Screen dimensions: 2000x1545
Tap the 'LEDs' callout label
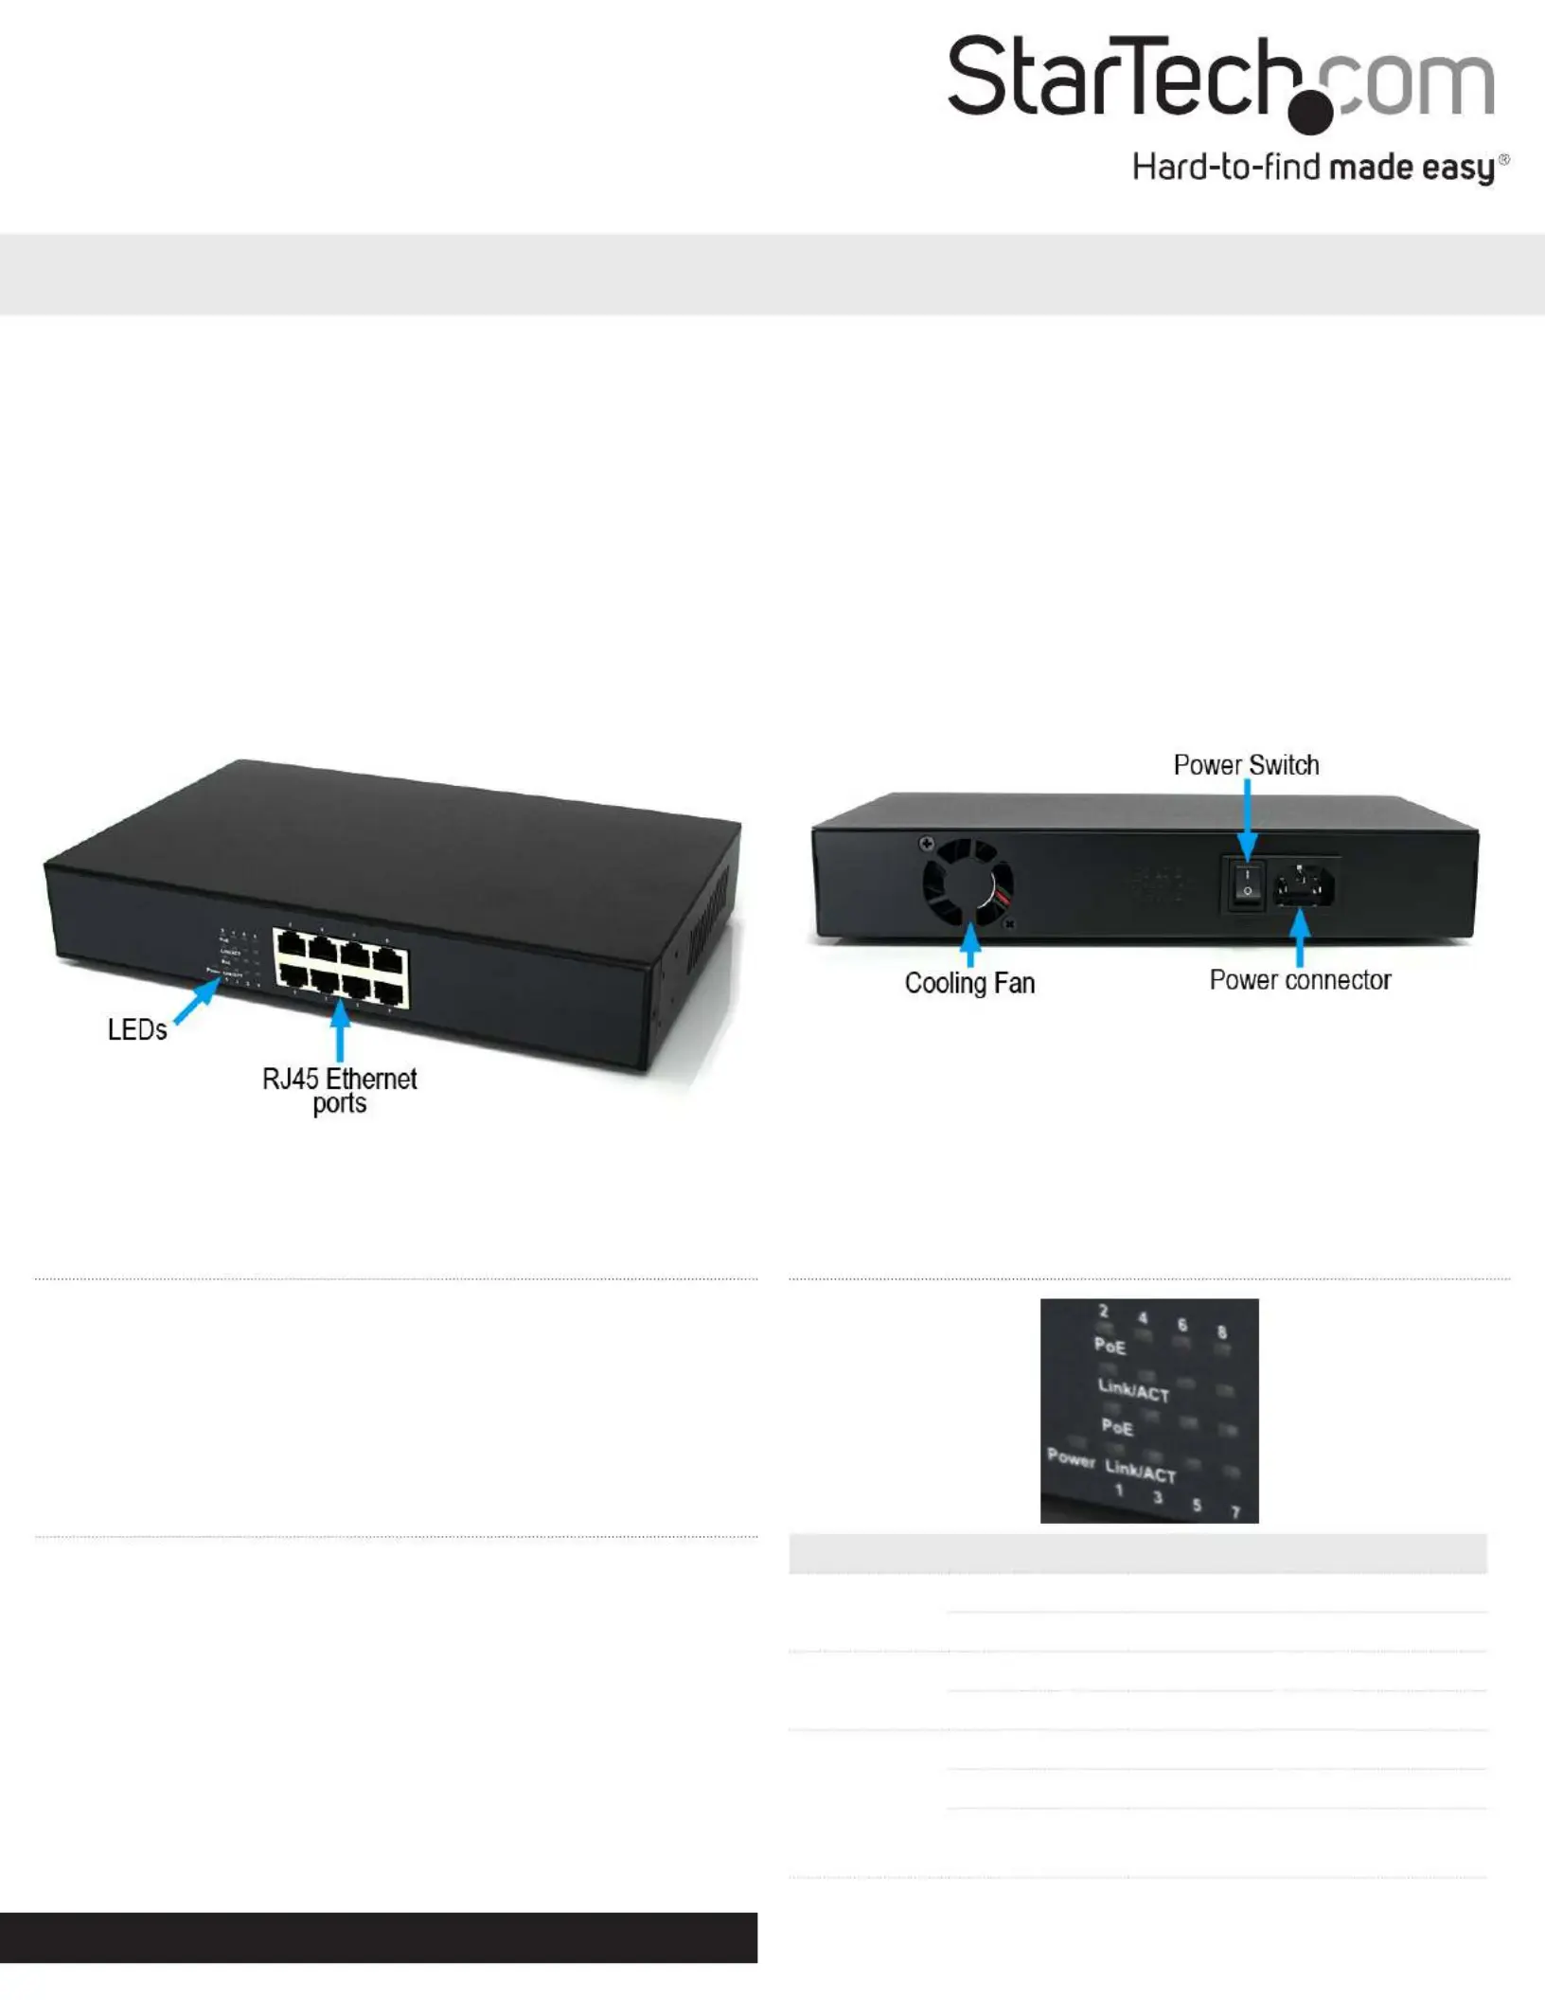(x=137, y=1030)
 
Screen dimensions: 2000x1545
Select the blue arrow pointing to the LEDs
(x=197, y=1002)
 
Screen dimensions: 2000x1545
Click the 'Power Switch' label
(x=1246, y=765)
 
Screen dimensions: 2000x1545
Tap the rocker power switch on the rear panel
(x=1247, y=883)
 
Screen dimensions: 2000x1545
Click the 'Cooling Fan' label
(x=969, y=984)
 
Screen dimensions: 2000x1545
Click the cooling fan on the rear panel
(x=968, y=882)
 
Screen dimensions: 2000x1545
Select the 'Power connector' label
(x=1300, y=980)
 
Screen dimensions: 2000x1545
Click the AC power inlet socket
(x=1305, y=886)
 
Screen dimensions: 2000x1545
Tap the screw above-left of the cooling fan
(x=927, y=843)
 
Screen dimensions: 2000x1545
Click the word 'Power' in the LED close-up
(x=1071, y=1457)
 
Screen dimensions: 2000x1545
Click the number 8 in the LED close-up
(x=1221, y=1332)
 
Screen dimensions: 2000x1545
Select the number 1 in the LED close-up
(x=1119, y=1491)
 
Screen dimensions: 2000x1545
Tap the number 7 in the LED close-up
(x=1235, y=1512)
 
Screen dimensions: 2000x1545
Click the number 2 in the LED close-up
(x=1104, y=1312)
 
